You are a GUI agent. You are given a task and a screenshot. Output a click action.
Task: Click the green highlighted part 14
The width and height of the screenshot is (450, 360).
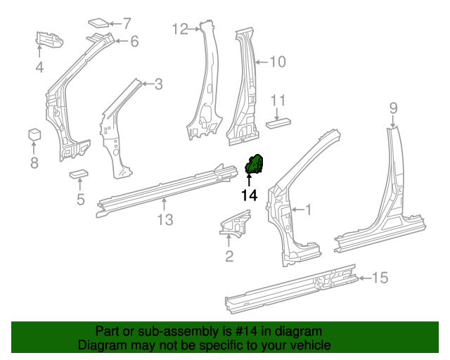coord(253,165)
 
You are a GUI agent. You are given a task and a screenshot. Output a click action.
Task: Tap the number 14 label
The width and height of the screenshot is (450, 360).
coord(249,196)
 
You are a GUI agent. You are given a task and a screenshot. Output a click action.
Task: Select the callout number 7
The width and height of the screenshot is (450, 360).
coord(127,22)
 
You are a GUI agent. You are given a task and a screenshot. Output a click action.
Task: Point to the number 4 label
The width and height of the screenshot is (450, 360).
coord(40,67)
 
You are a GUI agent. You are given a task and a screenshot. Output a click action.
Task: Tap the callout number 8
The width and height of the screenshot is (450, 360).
coord(34,164)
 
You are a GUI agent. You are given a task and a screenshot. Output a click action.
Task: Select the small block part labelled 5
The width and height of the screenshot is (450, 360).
coord(78,174)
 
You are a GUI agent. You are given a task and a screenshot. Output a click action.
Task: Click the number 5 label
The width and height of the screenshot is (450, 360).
coord(81,200)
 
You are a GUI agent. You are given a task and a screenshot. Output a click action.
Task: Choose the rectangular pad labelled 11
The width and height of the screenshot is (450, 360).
coord(278,122)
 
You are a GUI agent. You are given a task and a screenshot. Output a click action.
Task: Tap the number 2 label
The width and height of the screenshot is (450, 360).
coord(229,256)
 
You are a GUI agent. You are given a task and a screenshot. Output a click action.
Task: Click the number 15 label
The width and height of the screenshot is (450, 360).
coord(379,278)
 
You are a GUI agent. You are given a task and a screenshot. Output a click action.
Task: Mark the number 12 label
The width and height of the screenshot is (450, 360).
coord(181,29)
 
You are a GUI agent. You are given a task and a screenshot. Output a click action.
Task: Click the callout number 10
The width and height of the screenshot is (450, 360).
coord(278,62)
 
